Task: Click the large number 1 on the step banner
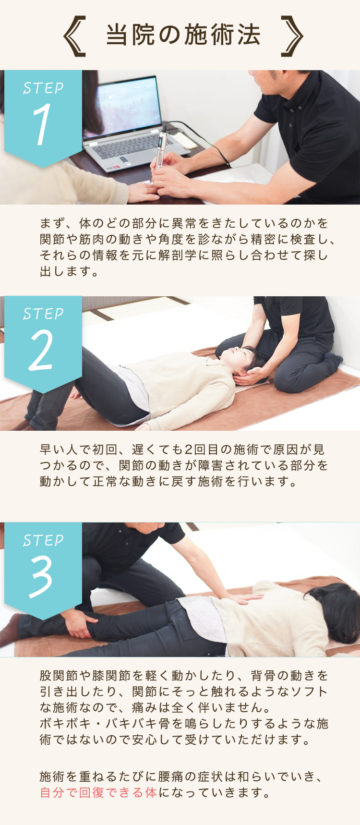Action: pos(42,124)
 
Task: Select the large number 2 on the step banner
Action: pos(42,351)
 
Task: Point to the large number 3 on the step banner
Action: pos(41,577)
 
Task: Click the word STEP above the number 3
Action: pos(43,540)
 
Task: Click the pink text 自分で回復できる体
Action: pos(98,792)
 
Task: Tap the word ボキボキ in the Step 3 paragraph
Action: pos(65,724)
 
